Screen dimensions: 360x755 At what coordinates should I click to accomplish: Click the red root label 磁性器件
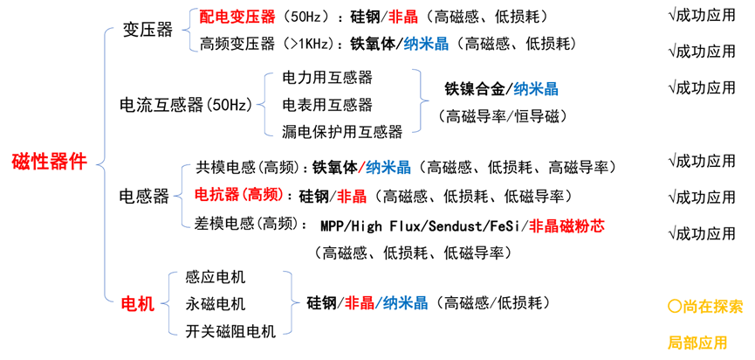coord(49,162)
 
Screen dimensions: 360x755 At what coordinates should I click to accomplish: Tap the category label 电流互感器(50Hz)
coord(185,105)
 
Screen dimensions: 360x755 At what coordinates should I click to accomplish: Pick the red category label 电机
coord(136,304)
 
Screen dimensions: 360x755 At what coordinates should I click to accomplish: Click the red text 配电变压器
coord(237,17)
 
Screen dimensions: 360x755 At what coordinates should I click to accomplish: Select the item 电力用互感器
coord(326,78)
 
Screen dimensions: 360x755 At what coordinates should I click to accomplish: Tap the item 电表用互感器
coord(326,105)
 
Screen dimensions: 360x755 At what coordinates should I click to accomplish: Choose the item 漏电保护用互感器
coord(341,132)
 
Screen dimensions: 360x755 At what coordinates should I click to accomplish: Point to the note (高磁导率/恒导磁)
coord(503,116)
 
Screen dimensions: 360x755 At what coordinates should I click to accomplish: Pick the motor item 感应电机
coord(216,277)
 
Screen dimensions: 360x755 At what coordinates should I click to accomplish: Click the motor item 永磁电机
coord(216,304)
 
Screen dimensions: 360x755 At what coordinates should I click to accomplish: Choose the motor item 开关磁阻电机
coord(230,331)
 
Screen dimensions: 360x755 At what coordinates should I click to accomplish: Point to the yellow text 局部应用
coord(697,343)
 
